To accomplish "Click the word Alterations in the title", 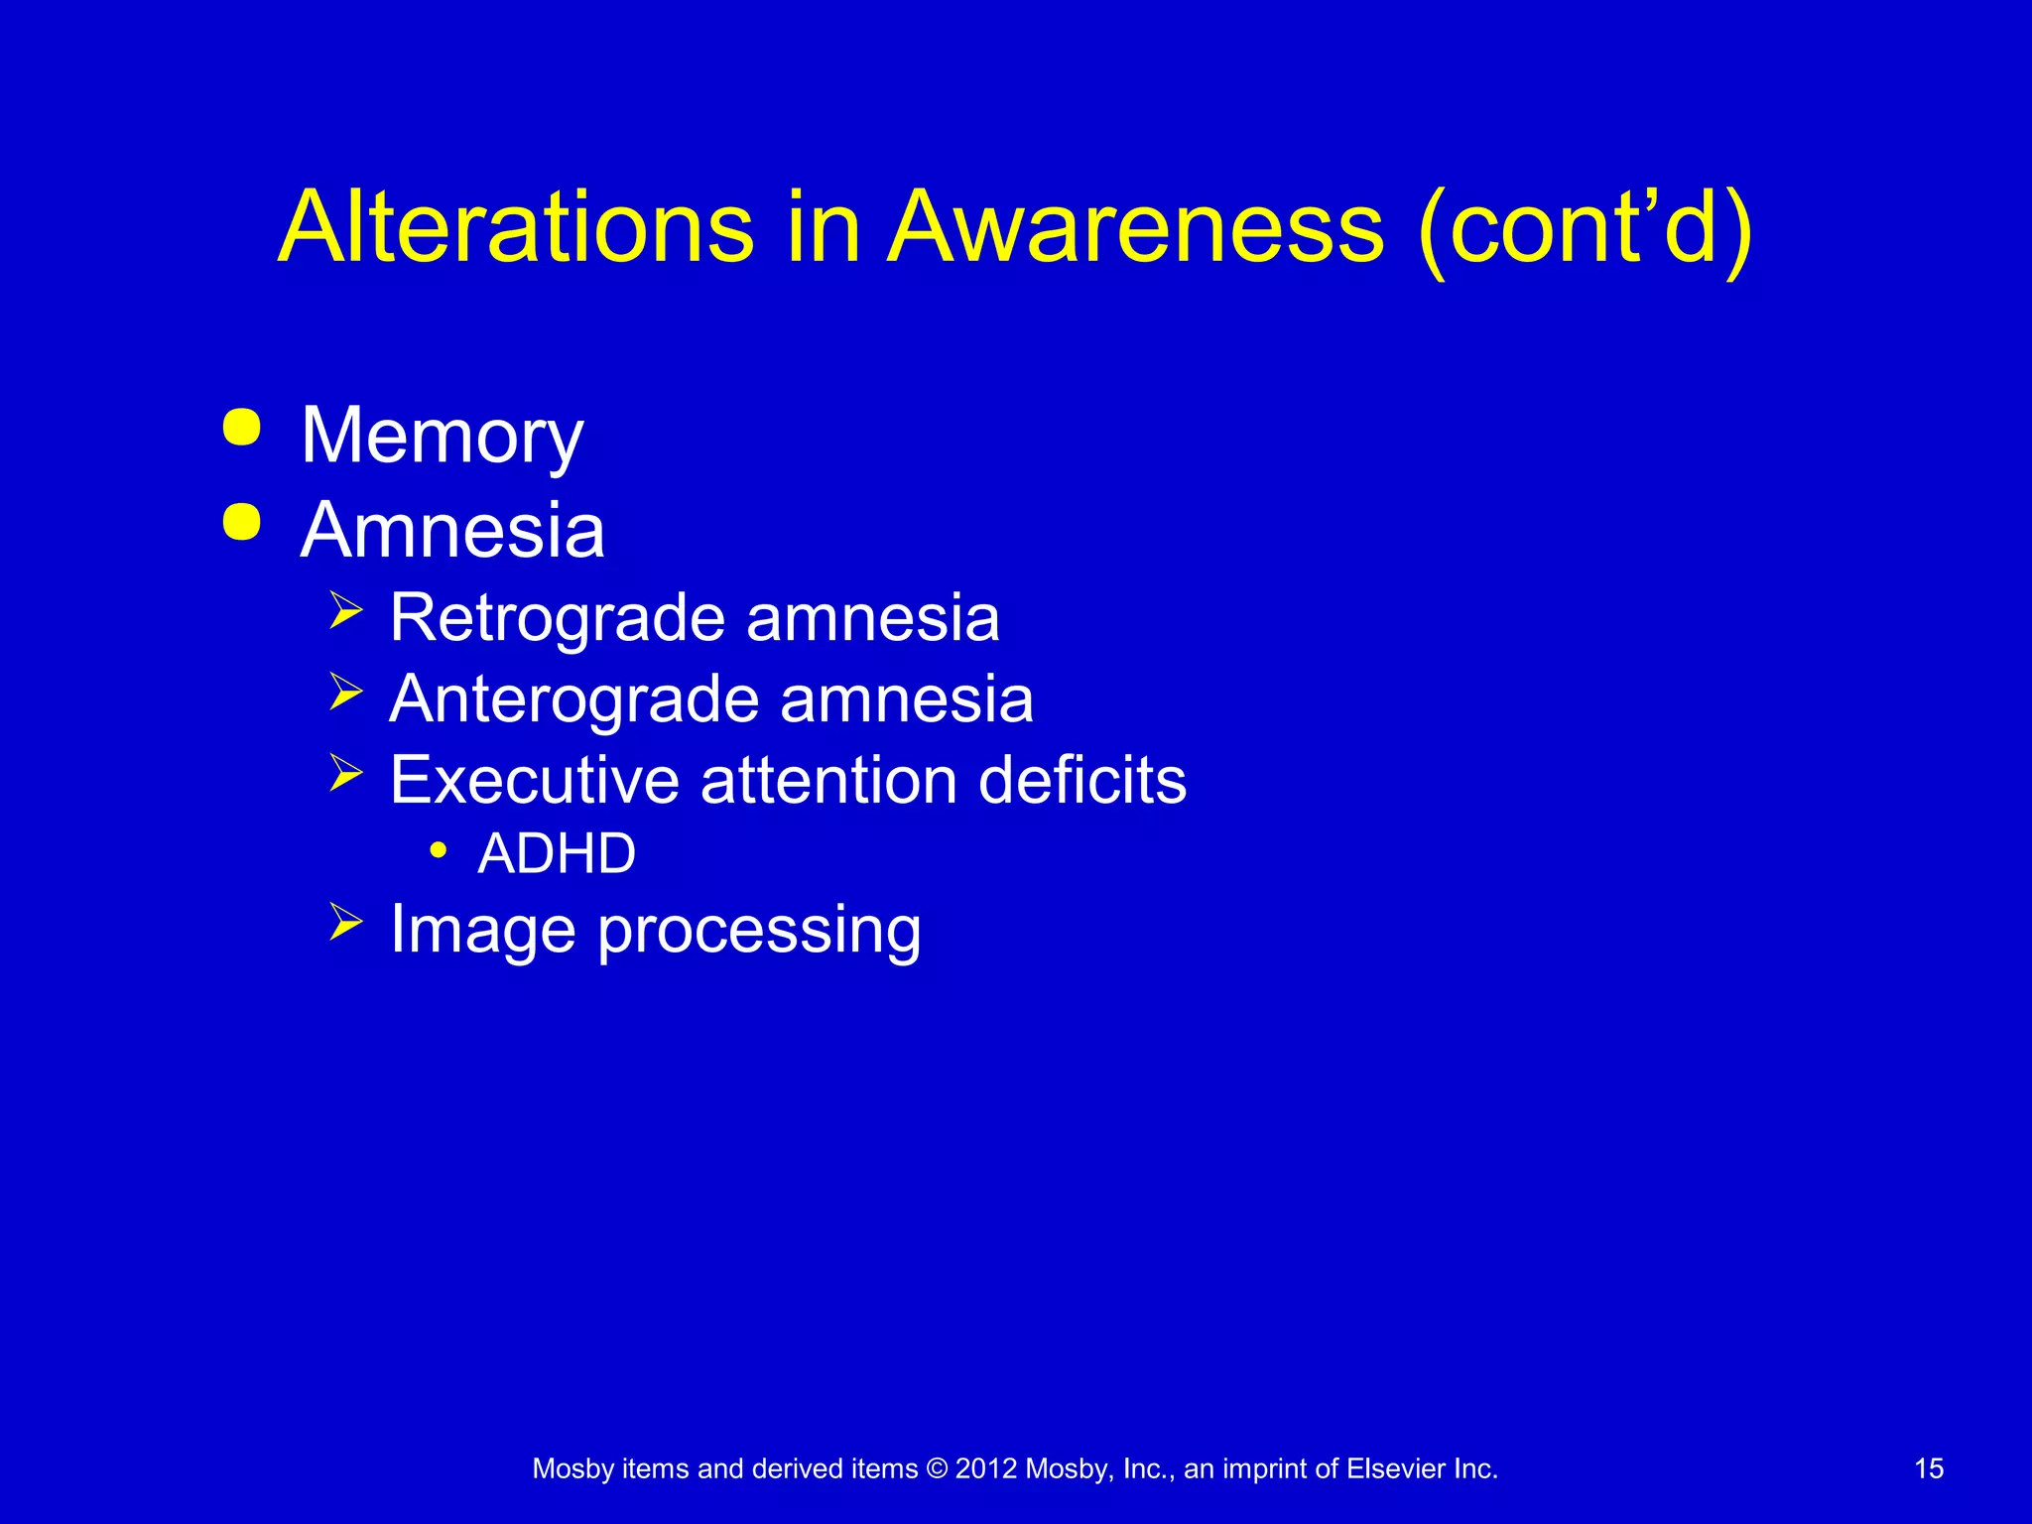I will (516, 227).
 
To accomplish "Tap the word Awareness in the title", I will (1134, 227).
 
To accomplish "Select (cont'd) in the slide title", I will (1585, 230).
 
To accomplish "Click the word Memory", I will (443, 437).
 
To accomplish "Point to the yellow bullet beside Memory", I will (242, 428).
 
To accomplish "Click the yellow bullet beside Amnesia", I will (242, 522).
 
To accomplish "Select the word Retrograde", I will (558, 618).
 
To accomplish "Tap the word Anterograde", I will (574, 699).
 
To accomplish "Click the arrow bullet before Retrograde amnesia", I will (345, 609).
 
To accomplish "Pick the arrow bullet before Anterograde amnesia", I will (345, 691).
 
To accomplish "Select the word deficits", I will (1082, 780).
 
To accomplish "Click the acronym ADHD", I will (557, 853).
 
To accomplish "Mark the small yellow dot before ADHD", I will (438, 850).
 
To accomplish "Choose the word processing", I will (759, 931).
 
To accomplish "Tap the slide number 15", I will (1929, 1468).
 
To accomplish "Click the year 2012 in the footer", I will (986, 1468).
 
